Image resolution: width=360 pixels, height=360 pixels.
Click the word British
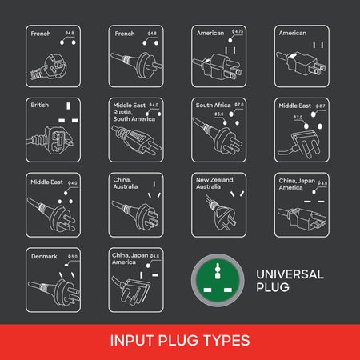coord(40,106)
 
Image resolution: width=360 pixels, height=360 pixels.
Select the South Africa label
coord(214,106)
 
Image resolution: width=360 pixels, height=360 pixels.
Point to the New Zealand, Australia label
coord(214,183)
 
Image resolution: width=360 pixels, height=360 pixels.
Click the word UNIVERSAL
coord(290,274)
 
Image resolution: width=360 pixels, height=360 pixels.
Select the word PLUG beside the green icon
coord(274,287)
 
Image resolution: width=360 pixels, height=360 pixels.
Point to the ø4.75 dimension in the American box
coord(237,31)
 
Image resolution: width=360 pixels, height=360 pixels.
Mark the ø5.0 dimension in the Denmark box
coord(73,257)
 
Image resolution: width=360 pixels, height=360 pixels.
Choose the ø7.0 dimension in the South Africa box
coord(238,106)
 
